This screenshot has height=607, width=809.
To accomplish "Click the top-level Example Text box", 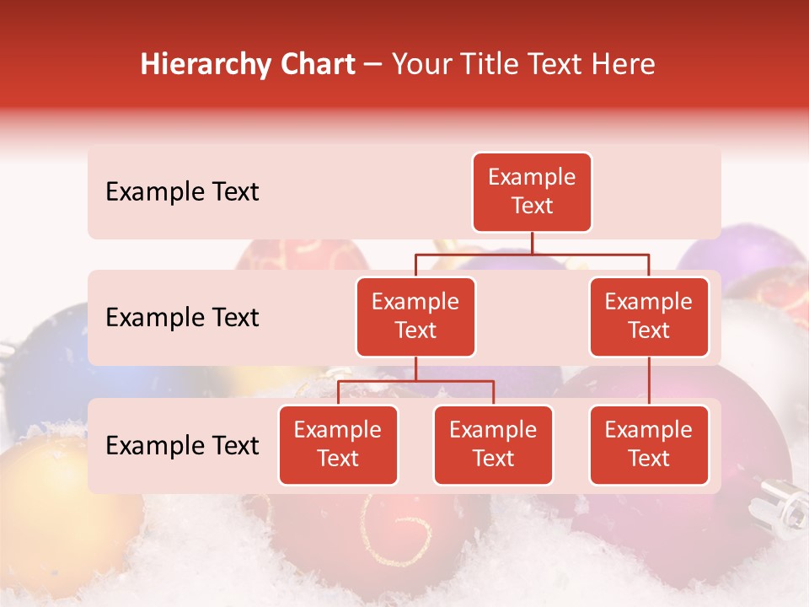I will (532, 192).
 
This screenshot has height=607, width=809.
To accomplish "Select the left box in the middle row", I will (415, 317).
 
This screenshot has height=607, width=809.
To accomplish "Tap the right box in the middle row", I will (649, 317).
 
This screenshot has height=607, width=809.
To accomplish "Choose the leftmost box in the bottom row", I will (338, 445).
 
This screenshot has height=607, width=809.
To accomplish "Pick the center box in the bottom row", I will (493, 445).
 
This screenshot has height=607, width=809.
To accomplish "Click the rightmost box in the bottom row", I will (649, 445).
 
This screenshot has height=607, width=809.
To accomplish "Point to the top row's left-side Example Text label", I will (182, 192).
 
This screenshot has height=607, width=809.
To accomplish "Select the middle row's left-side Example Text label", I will (182, 318).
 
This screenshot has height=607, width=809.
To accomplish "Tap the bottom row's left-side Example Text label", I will (182, 446).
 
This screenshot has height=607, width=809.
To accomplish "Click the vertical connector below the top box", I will (532, 243).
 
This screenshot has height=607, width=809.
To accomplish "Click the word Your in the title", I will (421, 64).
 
